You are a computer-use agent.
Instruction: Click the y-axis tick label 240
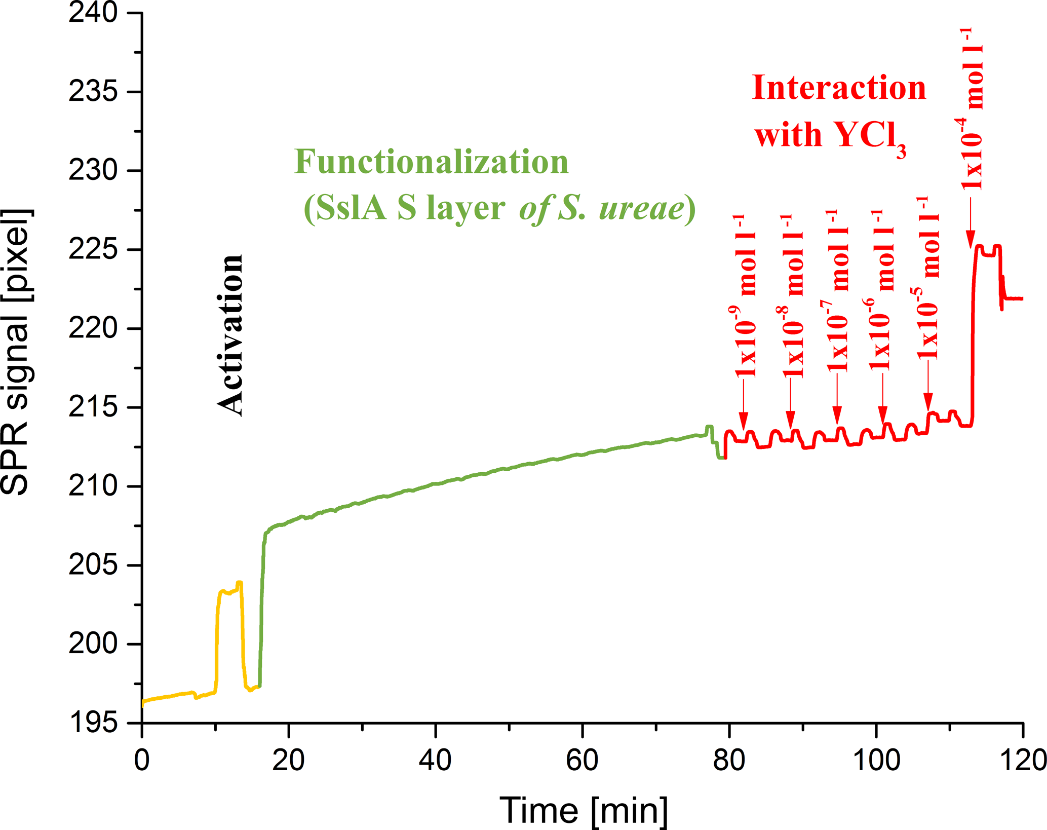pyautogui.click(x=93, y=13)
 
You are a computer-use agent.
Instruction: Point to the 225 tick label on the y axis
pyautogui.click(x=93, y=250)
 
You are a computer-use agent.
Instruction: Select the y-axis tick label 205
pyautogui.click(x=93, y=565)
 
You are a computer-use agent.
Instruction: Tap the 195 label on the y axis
pyautogui.click(x=93, y=723)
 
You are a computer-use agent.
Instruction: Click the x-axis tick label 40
pyautogui.click(x=435, y=760)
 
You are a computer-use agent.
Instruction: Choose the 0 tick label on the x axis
pyautogui.click(x=142, y=760)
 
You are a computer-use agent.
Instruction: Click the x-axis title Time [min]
pyautogui.click(x=584, y=810)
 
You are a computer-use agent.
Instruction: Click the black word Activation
pyautogui.click(x=230, y=335)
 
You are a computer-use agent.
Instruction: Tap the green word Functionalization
pyautogui.click(x=432, y=162)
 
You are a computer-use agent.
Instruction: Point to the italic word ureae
pyautogui.click(x=641, y=208)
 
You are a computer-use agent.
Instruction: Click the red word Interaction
pyautogui.click(x=839, y=88)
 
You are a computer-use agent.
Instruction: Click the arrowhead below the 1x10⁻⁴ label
pyautogui.click(x=971, y=240)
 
